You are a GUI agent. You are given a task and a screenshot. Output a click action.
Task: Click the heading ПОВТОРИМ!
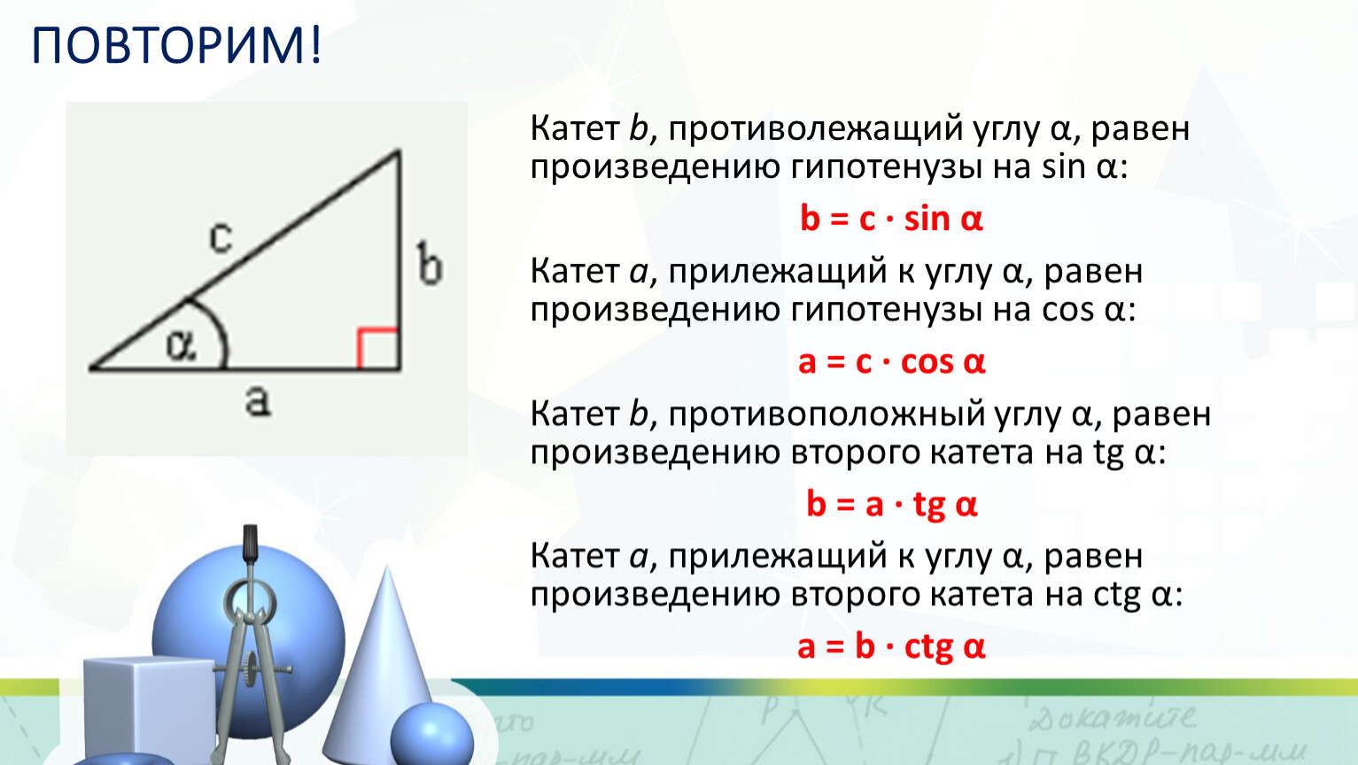pos(175,46)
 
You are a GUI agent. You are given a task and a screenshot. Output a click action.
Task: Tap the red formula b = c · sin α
pos(891,219)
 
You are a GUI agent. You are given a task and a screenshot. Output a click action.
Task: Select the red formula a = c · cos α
pos(891,362)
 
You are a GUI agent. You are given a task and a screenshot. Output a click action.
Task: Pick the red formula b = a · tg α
pos(891,505)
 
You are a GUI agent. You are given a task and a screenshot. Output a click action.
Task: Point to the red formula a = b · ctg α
pos(891,647)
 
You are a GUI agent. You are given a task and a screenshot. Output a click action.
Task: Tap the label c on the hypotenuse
pos(221,237)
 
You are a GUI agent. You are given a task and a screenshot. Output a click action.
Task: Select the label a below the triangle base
pos(258,401)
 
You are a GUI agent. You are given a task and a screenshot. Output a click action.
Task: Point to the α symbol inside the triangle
pos(182,345)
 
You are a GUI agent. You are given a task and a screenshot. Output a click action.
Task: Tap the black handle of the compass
pos(250,543)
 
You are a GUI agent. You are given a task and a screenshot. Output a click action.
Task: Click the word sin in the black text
pos(1063,166)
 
